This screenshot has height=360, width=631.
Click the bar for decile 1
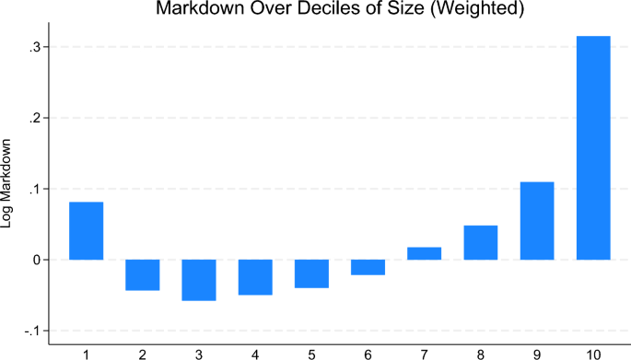point(87,230)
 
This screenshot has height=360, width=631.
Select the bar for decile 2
point(143,274)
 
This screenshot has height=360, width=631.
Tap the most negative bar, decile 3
point(199,280)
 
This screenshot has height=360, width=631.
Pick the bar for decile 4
point(255,277)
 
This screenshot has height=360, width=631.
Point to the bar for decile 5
point(311,273)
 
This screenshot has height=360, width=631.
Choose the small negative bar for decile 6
point(368,267)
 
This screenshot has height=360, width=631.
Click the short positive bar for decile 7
point(424,253)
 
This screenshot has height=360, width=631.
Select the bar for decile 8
point(481,242)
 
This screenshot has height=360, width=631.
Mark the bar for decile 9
point(537,221)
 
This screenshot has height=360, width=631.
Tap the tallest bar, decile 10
point(593,147)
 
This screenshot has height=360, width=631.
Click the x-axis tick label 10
point(593,352)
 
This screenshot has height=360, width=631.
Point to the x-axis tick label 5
point(311,352)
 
